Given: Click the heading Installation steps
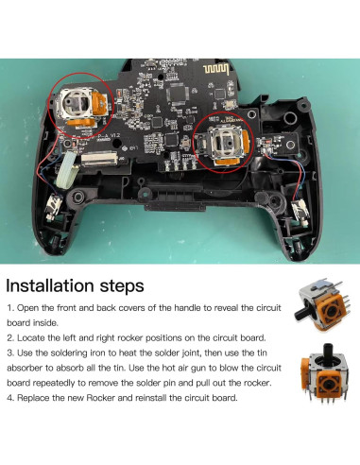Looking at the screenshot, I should [76, 284].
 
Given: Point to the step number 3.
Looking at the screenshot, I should [10, 352].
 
